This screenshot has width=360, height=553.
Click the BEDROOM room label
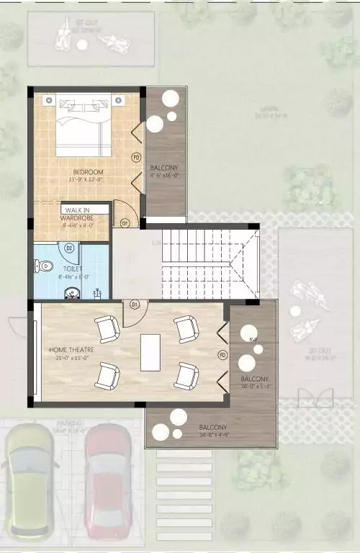(89, 171)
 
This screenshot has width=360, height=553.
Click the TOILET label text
(73, 269)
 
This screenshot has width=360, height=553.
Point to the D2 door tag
(70, 248)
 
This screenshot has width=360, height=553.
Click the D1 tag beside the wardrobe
(124, 223)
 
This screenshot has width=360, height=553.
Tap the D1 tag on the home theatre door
(134, 305)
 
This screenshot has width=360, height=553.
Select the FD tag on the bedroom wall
(135, 157)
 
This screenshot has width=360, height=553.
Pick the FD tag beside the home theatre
(222, 355)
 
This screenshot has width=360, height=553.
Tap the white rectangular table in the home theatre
(151, 352)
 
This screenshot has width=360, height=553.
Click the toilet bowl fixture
(43, 266)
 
